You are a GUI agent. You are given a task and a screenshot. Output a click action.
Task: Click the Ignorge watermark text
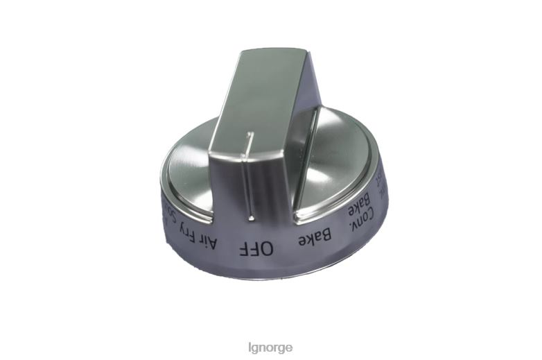pyautogui.click(x=270, y=346)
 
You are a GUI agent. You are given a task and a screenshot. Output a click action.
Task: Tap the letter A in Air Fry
pyautogui.click(x=214, y=243)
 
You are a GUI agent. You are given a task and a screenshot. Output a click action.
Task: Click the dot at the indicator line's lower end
pyautogui.click(x=251, y=218)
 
